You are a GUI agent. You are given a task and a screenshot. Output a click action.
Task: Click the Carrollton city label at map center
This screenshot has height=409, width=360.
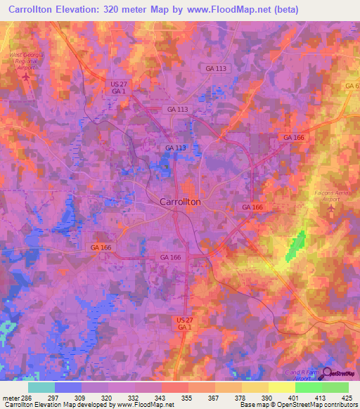[181, 202]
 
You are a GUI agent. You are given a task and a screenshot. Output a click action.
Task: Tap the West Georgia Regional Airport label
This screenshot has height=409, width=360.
[27, 60]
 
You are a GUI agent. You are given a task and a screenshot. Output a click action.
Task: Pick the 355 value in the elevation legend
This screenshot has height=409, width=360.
[188, 398]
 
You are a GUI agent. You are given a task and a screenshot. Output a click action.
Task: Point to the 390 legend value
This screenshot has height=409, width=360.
[268, 398]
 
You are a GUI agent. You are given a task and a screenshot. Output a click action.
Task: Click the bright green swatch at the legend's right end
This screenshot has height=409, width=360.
[335, 387]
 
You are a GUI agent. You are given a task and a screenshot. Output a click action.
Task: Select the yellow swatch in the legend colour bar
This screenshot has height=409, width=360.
[282, 387]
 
